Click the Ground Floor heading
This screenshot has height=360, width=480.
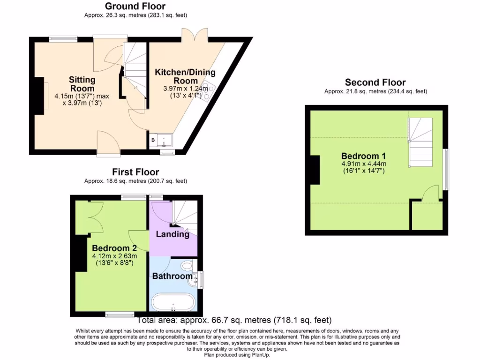[x=135, y=6]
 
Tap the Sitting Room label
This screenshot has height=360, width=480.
[x=82, y=84]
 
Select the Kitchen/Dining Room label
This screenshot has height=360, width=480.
[x=185, y=76]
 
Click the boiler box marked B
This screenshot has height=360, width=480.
[x=153, y=140]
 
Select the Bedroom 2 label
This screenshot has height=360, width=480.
[x=114, y=248]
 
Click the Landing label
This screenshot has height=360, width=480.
[x=172, y=234]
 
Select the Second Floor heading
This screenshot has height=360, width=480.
[x=375, y=82]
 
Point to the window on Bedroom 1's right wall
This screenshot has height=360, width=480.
[x=446, y=170]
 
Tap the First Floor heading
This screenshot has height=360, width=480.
[x=135, y=172]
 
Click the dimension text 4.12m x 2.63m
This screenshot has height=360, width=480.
[x=114, y=256]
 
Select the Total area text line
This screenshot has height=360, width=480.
[x=234, y=321]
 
